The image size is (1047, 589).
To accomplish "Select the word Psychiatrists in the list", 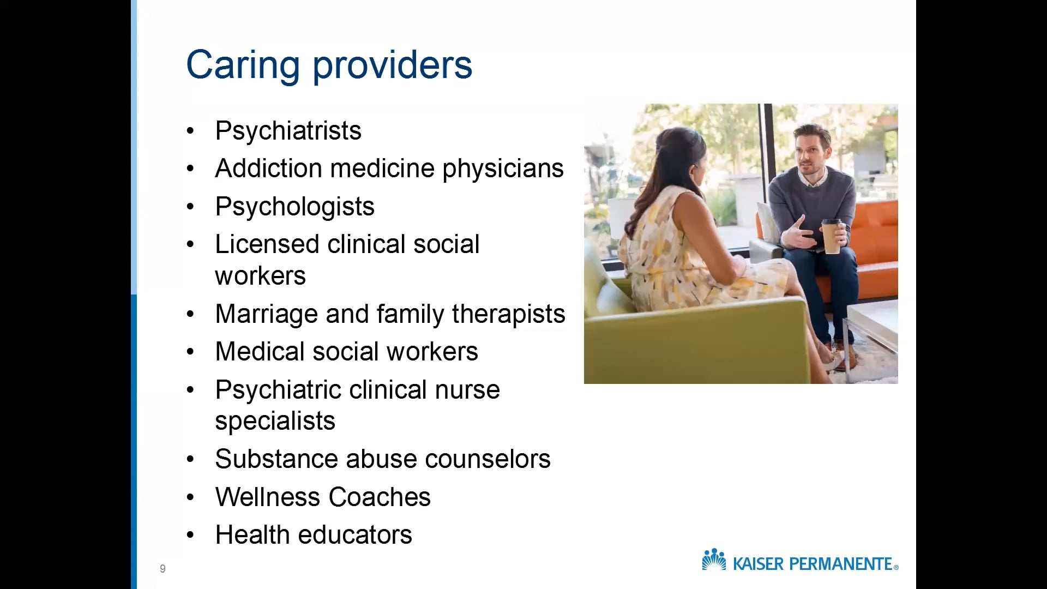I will [288, 131].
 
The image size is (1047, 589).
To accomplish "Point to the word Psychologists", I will [294, 207].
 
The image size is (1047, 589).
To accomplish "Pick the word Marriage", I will [266, 315].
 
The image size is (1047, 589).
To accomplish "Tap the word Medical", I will [259, 352].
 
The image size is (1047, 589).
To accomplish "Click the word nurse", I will [467, 390].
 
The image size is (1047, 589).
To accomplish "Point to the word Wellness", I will [267, 497].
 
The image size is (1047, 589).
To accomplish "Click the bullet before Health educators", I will [190, 535].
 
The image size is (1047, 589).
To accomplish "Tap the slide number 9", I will [163, 569].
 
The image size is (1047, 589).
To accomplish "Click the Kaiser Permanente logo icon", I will [714, 560].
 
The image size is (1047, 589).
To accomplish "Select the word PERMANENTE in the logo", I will [845, 564].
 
